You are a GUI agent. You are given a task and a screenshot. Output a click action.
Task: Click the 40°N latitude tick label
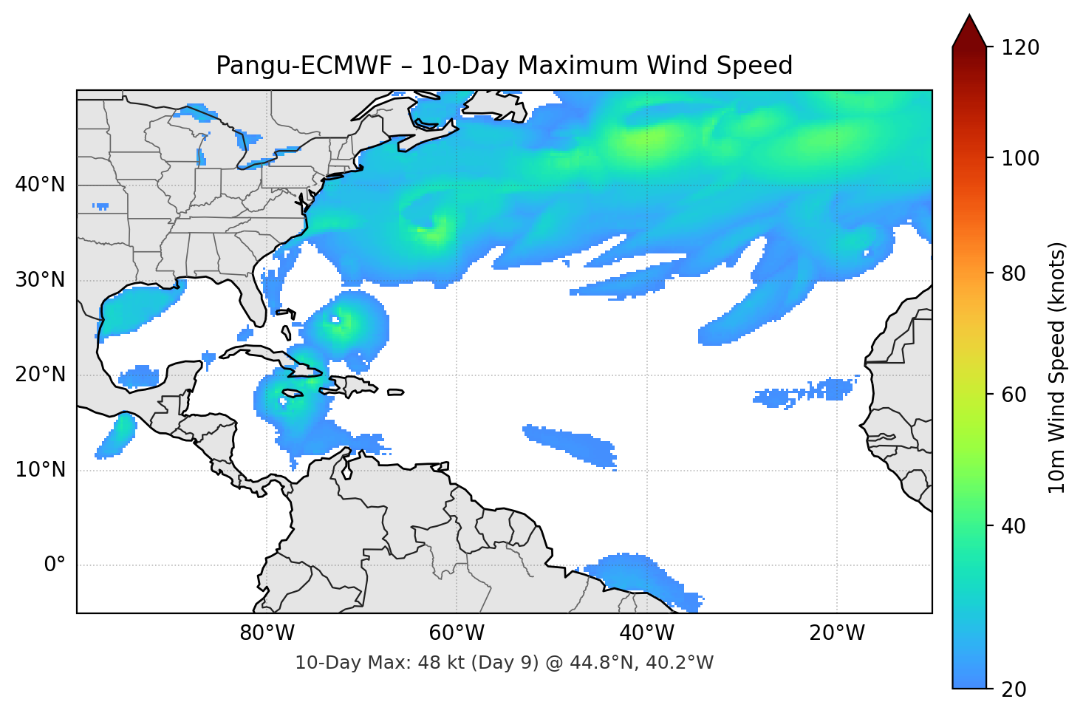pos(40,185)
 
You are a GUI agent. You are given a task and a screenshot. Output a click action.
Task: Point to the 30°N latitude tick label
pos(40,280)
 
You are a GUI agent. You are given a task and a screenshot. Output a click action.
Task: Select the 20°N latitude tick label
pos(40,375)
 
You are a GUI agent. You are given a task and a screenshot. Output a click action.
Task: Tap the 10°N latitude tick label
pos(40,470)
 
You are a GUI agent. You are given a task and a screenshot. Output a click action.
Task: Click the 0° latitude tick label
pos(55,565)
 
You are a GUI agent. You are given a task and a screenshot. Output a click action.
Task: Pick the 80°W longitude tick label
pos(267,633)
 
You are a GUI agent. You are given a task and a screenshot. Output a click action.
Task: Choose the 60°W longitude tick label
pos(457,633)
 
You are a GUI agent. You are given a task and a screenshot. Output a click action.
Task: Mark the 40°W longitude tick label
pos(646,633)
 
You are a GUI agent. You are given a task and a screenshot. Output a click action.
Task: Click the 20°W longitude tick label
pos(837,633)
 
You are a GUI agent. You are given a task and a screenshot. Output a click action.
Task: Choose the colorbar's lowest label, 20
pos(1014,689)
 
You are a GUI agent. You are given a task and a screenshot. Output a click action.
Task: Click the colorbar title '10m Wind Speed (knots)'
pos(1057,368)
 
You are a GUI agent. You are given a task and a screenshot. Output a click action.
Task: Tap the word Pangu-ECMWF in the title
pos(304,66)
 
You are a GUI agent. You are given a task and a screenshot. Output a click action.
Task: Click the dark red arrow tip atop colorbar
pos(969,28)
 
